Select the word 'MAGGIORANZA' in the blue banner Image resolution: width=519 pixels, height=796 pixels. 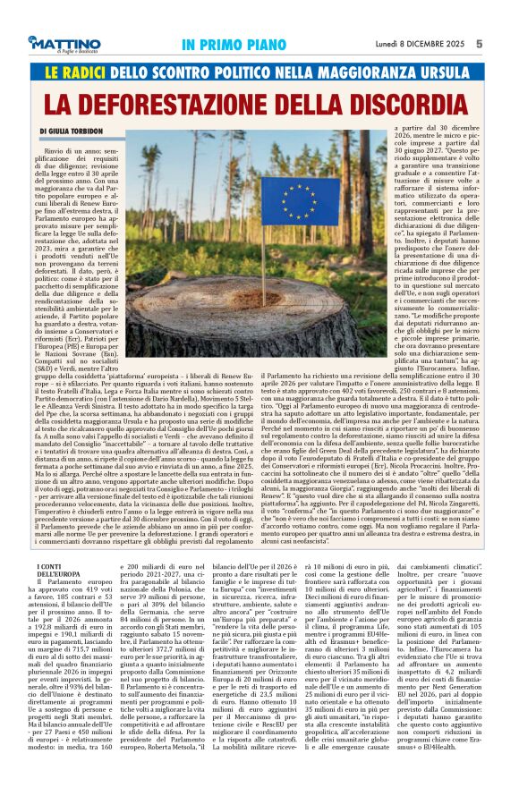click(370, 68)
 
